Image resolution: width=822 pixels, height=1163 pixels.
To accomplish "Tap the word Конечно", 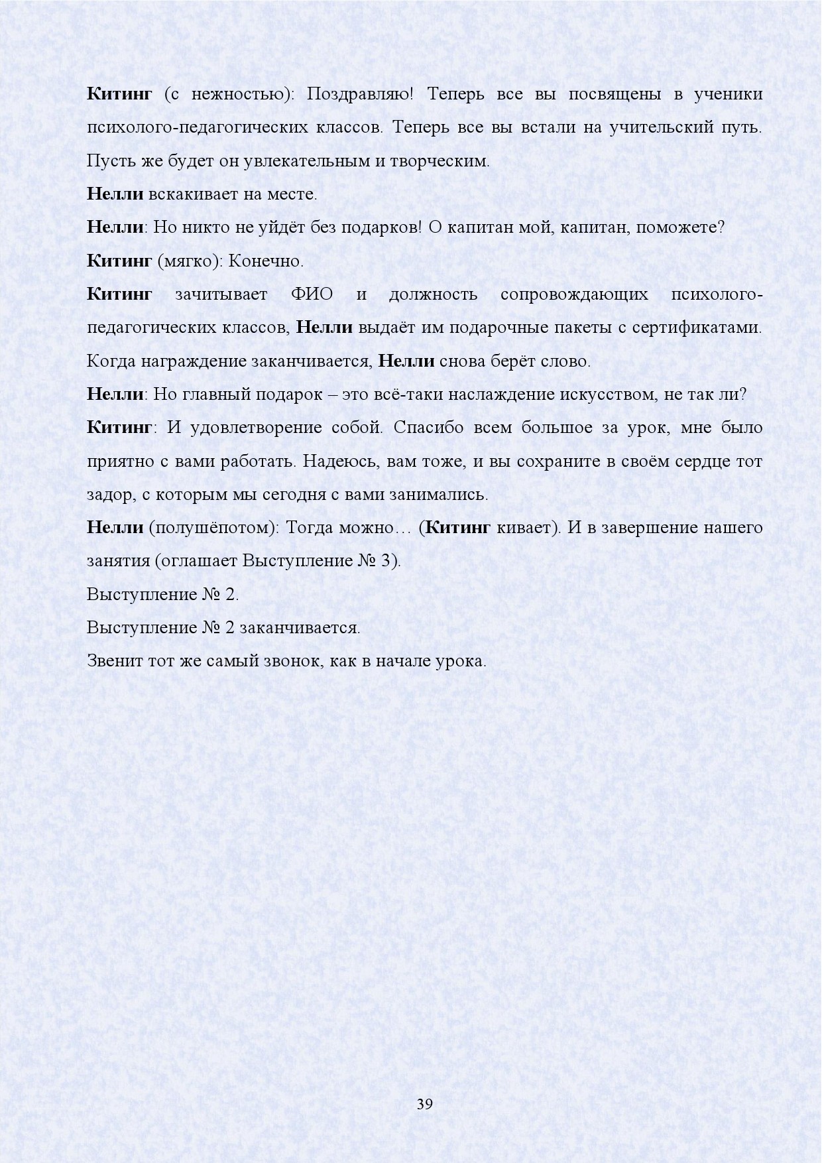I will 266,261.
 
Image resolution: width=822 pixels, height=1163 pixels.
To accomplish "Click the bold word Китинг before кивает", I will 457,528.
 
